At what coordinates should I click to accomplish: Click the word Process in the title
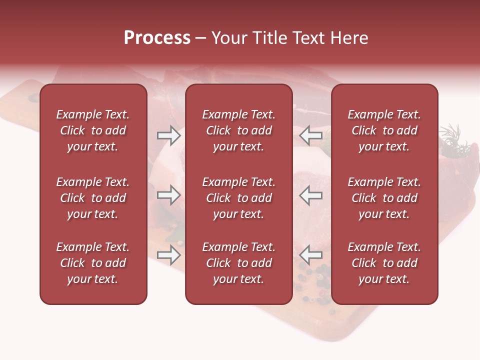point(157,38)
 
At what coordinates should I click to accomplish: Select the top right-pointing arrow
point(168,135)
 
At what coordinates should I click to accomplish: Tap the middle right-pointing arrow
point(168,195)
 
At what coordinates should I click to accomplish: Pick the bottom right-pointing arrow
point(168,255)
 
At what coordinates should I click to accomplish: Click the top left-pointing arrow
point(310,135)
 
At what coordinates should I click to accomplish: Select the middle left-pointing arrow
point(310,195)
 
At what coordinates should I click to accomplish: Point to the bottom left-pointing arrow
point(310,255)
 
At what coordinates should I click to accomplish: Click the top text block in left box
point(93,130)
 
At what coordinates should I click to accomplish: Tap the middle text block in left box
point(93,198)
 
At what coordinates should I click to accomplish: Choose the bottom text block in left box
point(93,263)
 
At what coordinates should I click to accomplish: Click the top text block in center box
point(238,130)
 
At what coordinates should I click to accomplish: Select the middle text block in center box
point(238,198)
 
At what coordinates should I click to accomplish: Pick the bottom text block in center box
point(238,263)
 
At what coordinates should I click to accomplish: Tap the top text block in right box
point(384,130)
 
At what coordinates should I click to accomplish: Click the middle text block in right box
point(384,198)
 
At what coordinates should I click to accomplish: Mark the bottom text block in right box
point(384,263)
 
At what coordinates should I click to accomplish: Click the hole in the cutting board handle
point(33,97)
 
